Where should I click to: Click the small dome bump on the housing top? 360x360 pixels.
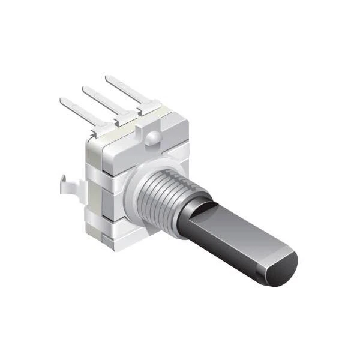(x=153, y=139)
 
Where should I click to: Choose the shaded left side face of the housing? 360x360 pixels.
(x=95, y=192)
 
